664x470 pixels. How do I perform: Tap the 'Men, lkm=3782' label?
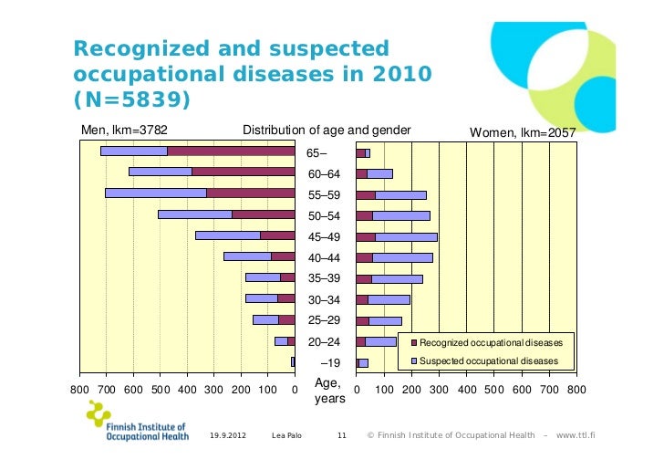[124, 131]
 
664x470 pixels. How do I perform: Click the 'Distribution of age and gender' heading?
[327, 131]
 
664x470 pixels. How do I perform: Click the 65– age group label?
[316, 152]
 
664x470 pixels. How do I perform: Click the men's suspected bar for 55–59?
[155, 193]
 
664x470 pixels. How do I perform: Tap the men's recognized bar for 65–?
[231, 151]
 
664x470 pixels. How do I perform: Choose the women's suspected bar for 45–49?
[406, 236]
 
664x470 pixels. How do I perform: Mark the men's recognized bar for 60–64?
[243, 172]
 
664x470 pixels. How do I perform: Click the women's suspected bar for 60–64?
[379, 173]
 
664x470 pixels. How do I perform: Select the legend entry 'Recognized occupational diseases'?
[490, 342]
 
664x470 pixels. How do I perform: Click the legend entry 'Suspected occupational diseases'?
[488, 361]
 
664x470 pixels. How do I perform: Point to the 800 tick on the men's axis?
[80, 391]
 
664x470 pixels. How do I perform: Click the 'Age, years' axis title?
[329, 392]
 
